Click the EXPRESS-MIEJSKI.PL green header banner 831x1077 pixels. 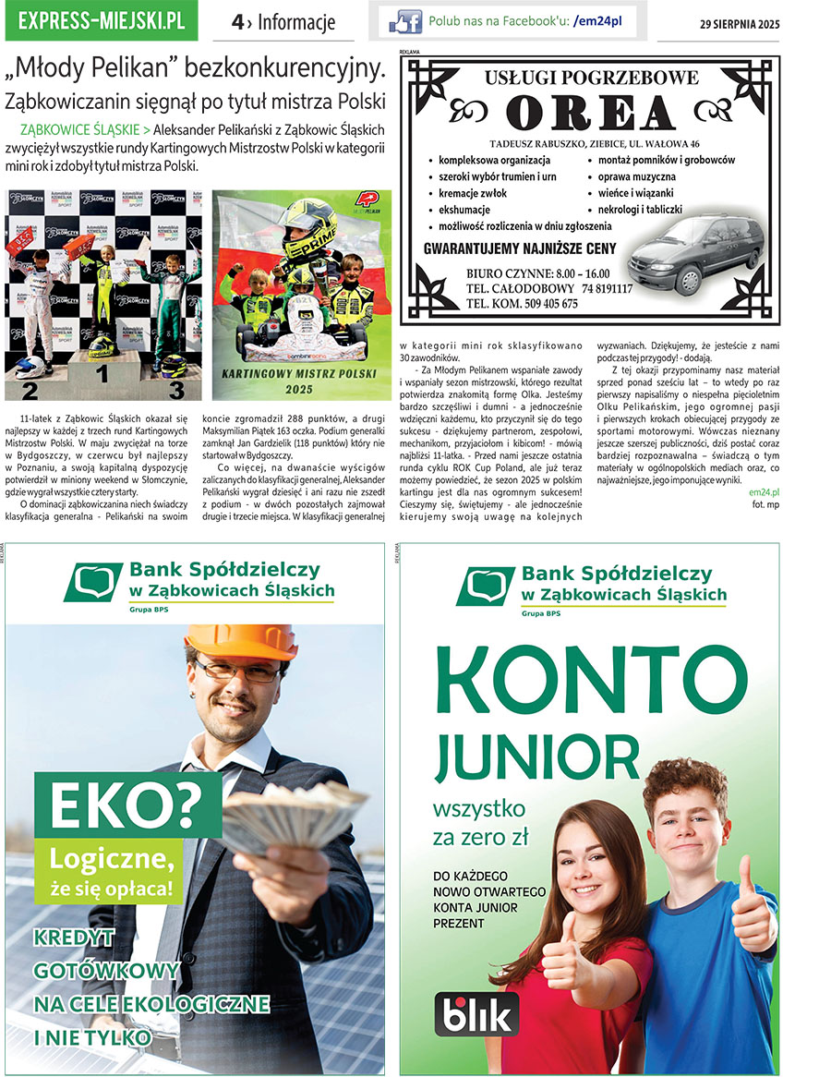click(101, 21)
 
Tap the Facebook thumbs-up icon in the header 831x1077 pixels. click(405, 21)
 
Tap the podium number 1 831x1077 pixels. click(102, 374)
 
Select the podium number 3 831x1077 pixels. click(175, 390)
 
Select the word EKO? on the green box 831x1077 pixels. click(125, 806)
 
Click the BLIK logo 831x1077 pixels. click(476, 1014)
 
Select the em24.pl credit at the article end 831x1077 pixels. click(765, 492)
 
